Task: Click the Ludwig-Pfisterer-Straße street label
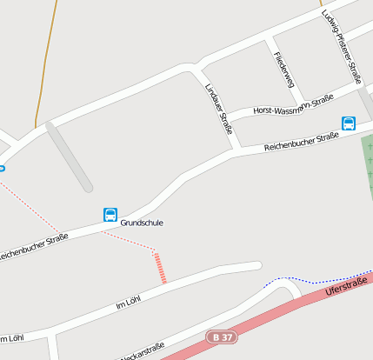[x=342, y=46]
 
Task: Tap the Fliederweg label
[x=283, y=70]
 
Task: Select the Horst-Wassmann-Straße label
[x=293, y=107]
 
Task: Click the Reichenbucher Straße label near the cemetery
[x=301, y=142]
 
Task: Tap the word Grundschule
[x=141, y=223]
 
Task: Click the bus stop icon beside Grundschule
[x=110, y=215]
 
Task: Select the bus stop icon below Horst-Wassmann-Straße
[x=349, y=123]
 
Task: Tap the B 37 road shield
[x=223, y=336]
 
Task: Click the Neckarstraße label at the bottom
[x=141, y=351]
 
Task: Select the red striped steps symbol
[x=159, y=268]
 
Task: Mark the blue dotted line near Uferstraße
[x=287, y=280]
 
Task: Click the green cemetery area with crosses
[x=367, y=174]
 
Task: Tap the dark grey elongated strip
[x=70, y=157]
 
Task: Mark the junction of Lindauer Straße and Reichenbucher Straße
[x=236, y=152]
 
